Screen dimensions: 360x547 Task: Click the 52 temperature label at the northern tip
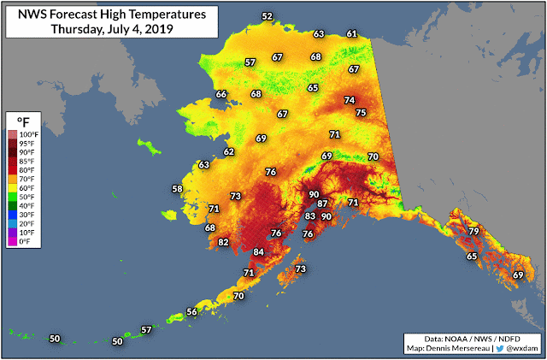tap(268, 16)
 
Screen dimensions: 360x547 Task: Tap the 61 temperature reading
tap(351, 33)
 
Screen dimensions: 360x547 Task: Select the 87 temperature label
tap(322, 204)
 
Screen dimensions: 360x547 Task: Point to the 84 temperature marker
tap(259, 252)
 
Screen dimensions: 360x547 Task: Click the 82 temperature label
tap(224, 243)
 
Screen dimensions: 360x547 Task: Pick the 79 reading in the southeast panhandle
tap(473, 232)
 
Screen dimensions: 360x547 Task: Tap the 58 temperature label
tap(178, 189)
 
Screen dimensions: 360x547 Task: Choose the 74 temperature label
tap(349, 100)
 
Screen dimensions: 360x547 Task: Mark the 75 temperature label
tap(361, 113)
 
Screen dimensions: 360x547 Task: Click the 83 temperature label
tap(310, 216)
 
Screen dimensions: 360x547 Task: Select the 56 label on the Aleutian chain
tap(192, 312)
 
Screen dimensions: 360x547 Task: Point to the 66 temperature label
tap(221, 94)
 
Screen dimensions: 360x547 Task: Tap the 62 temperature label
tap(229, 151)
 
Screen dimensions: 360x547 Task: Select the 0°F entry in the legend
tap(28, 242)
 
